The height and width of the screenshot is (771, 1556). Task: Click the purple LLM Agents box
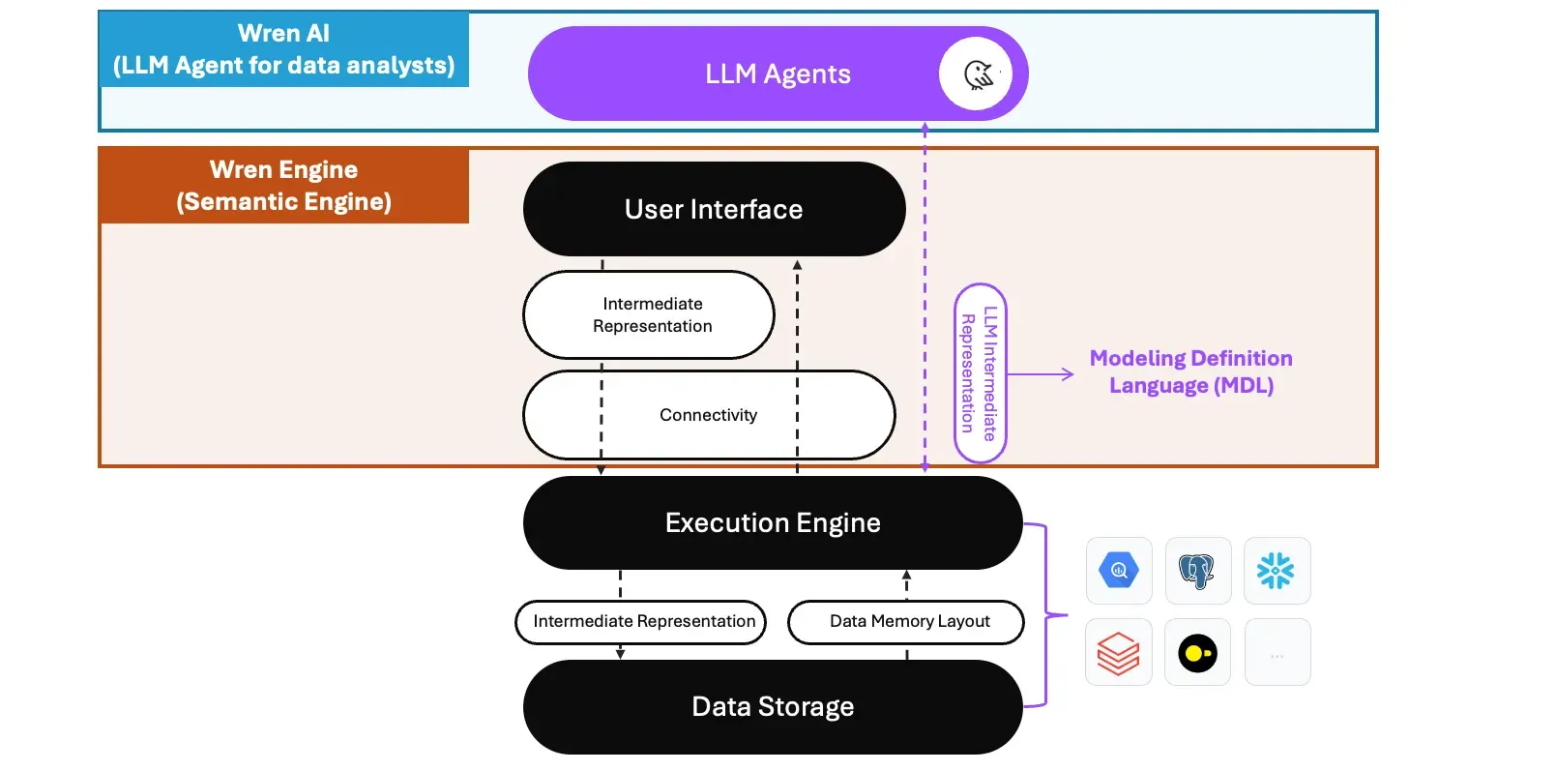coord(735,74)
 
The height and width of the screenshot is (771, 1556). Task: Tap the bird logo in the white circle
coord(977,74)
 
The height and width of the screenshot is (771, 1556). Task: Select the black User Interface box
coord(714,209)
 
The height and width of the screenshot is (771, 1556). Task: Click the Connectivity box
coord(709,415)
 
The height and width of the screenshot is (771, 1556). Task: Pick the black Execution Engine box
coord(772,522)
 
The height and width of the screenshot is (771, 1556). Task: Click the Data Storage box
coord(772,707)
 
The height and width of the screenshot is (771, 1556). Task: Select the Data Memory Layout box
coord(907,622)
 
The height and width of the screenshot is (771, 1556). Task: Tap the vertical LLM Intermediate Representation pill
coord(980,373)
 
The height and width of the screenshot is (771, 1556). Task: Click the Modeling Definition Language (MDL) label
coord(1190,371)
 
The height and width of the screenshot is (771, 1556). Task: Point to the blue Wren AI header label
coord(284,49)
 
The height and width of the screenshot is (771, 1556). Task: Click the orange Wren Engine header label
coord(284,186)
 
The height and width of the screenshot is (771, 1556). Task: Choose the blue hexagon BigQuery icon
coord(1119,571)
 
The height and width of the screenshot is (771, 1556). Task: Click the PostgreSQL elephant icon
coord(1197,571)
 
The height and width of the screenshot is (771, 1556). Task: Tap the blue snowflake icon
coord(1277,571)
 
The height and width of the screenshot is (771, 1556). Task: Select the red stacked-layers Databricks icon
coord(1119,653)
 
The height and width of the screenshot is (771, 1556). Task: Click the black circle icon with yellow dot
coord(1197,653)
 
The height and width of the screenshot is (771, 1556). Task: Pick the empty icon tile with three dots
coord(1277,653)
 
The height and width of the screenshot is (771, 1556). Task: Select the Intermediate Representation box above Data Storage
coord(641,622)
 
